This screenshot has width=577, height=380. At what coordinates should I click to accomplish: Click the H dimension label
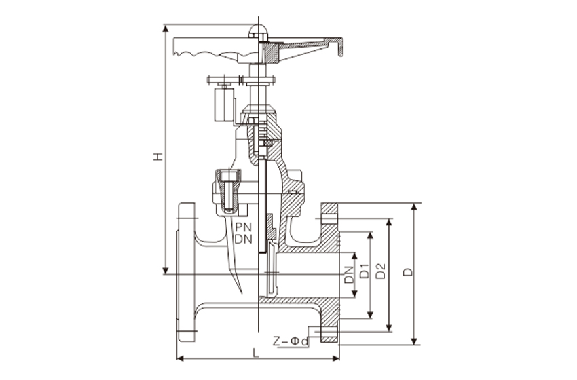(x=158, y=157)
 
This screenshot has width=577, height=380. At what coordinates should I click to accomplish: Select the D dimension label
(x=408, y=272)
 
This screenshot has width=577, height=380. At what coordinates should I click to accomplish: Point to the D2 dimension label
(x=381, y=271)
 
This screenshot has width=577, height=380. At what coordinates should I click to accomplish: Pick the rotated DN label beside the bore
(x=349, y=275)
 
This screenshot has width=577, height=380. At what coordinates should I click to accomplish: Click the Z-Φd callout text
(x=291, y=341)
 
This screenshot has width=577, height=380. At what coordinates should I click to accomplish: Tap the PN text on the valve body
(x=244, y=227)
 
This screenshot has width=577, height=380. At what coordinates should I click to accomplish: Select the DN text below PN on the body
(x=244, y=240)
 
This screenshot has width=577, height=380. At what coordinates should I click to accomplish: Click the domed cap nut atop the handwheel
(x=259, y=31)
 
